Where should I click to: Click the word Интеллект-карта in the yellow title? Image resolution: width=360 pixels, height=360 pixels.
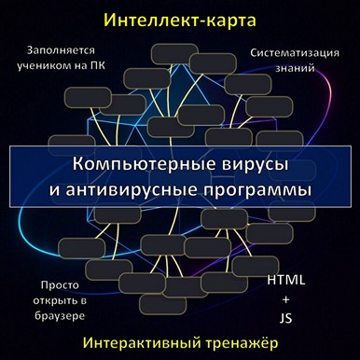tap(179, 19)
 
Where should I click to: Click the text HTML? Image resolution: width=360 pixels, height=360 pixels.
tap(285, 279)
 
